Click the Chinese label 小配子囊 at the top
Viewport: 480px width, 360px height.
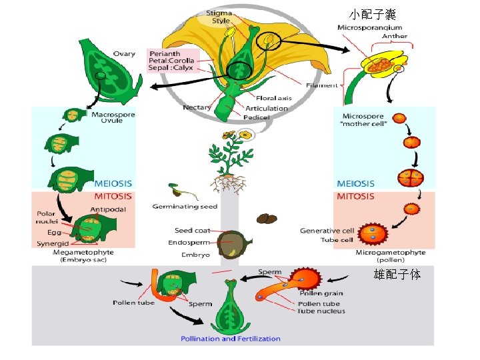point(373,14)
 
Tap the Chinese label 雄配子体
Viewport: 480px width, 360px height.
point(397,274)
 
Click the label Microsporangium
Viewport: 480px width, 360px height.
point(370,28)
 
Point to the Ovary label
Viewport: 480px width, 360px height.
point(124,54)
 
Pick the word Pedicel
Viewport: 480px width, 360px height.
point(257,117)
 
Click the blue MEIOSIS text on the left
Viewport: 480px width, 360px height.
point(113,183)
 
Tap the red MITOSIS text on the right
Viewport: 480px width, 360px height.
point(355,197)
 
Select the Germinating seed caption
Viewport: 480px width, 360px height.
point(185,206)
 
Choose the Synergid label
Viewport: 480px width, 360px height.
point(53,244)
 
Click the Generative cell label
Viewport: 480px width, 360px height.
point(327,231)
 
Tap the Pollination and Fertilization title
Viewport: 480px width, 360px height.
point(231,339)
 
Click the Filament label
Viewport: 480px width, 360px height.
point(321,85)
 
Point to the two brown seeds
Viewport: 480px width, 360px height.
point(267,219)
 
